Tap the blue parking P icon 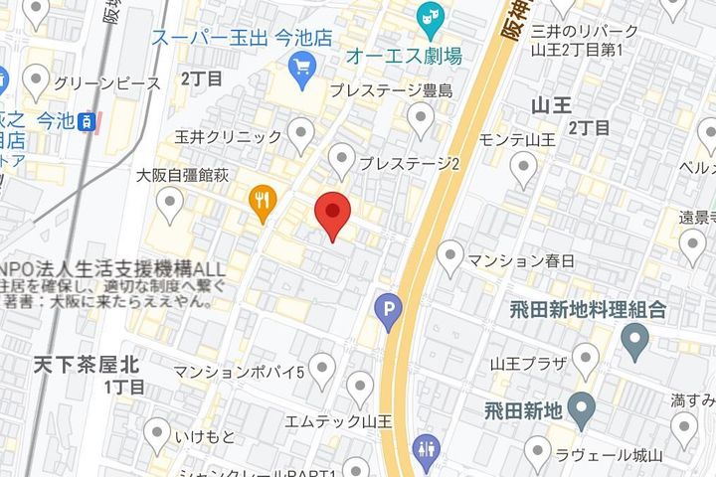coord(389,313)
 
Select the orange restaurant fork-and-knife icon coord(263,202)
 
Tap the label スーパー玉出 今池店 coord(241,38)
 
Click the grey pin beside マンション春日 coord(450,258)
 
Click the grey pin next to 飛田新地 coord(582,407)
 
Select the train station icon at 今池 coord(89,121)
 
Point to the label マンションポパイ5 coord(239,373)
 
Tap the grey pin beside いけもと coord(157,433)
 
